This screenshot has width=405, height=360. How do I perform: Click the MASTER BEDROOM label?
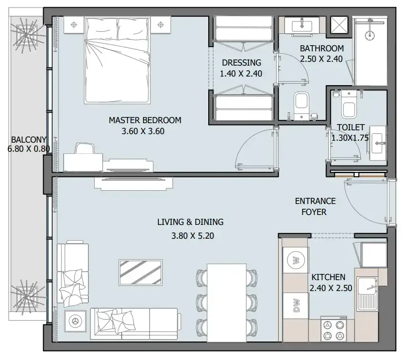[145, 120]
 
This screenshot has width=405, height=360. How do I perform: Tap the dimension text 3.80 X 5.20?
[193, 236]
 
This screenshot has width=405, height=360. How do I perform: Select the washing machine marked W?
[296, 260]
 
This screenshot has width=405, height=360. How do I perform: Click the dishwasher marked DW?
[296, 305]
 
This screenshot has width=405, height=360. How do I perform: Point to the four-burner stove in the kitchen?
[334, 329]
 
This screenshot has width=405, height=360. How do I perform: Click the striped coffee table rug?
[141, 272]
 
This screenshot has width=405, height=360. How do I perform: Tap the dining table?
[227, 302]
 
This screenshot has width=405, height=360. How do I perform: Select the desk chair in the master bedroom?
[85, 148]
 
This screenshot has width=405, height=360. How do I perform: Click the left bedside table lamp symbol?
[74, 25]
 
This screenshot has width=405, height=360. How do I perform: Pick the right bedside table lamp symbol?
[161, 25]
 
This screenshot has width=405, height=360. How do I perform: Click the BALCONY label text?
[29, 140]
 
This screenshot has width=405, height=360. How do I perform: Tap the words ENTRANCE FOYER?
[315, 206]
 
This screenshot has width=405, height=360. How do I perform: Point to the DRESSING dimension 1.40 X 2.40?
[241, 74]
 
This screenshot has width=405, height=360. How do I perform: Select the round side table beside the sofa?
[76, 321]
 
